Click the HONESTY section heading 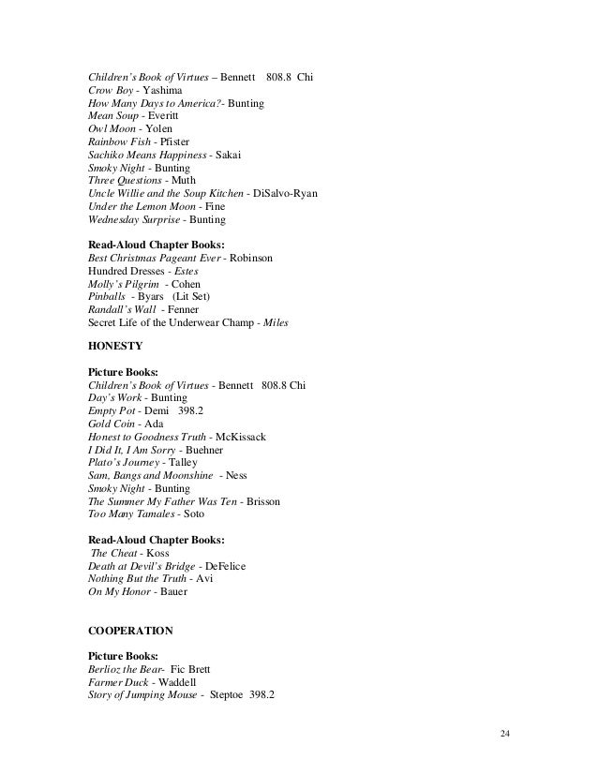(113, 345)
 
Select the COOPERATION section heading (129, 631)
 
